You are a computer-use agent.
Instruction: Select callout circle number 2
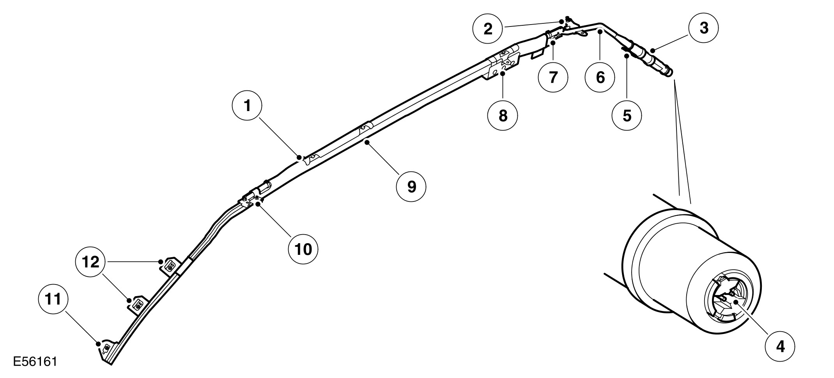click(x=488, y=28)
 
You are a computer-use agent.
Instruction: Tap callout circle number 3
click(x=704, y=28)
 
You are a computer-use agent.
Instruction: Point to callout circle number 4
click(x=780, y=346)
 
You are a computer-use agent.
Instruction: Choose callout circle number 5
click(x=627, y=115)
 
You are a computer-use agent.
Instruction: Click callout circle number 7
click(x=553, y=77)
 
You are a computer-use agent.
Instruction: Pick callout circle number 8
click(x=503, y=115)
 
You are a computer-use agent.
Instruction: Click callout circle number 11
click(x=53, y=299)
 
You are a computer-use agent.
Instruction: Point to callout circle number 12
click(x=91, y=262)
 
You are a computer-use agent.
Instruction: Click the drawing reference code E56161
click(x=35, y=361)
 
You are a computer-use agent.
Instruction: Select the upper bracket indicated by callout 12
click(x=170, y=266)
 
